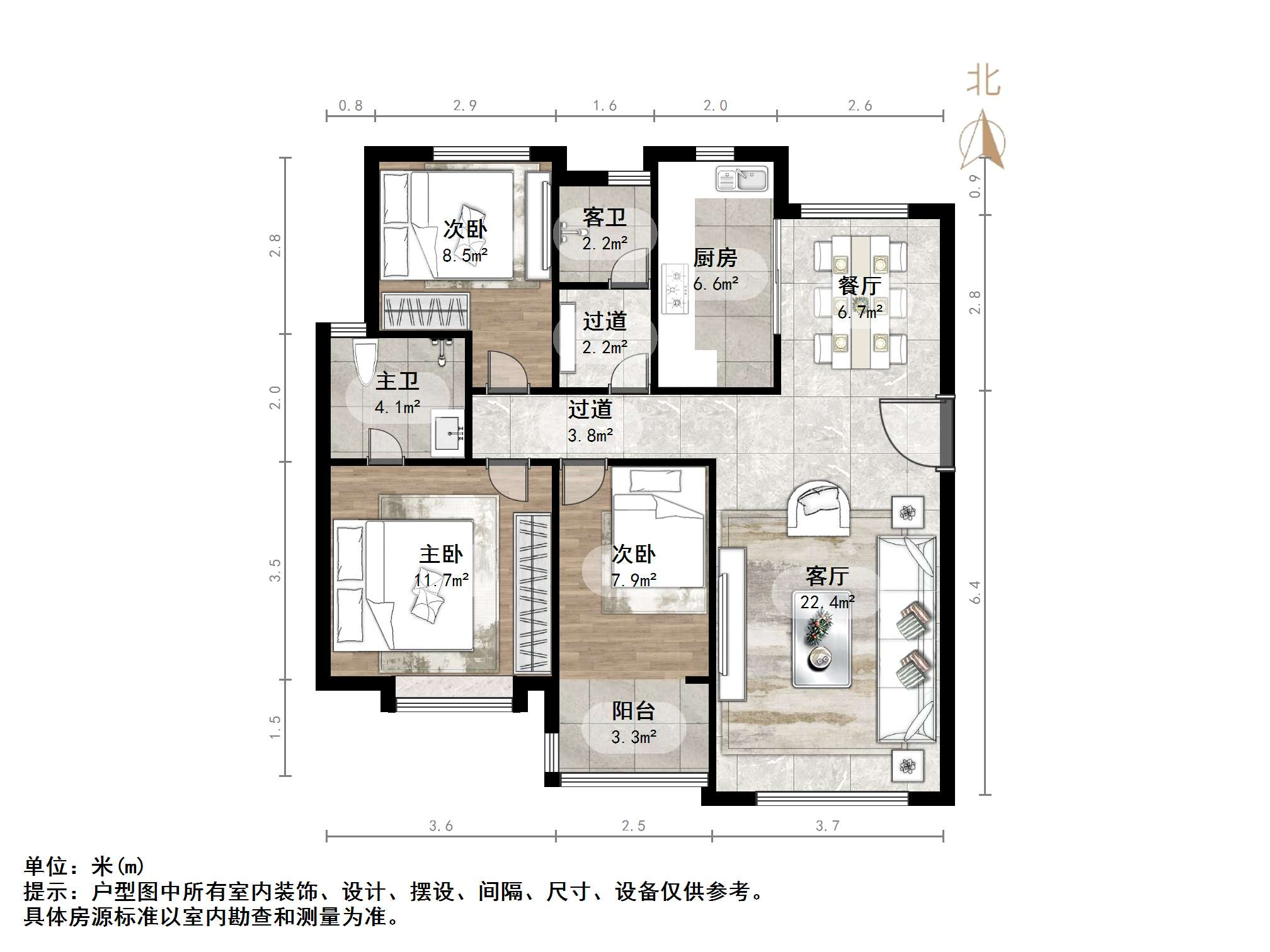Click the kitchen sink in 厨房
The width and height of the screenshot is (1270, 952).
(x=741, y=179)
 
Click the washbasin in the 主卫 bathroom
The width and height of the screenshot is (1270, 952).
(x=449, y=433)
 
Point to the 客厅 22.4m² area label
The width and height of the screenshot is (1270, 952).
(x=827, y=589)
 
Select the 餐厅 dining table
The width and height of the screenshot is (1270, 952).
(x=860, y=302)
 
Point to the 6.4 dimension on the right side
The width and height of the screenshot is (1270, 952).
(x=975, y=592)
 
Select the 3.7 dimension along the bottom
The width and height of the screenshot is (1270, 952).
(x=827, y=826)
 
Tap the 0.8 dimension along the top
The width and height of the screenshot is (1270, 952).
(x=350, y=106)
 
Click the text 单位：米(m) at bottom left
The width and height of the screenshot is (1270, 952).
(x=84, y=867)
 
